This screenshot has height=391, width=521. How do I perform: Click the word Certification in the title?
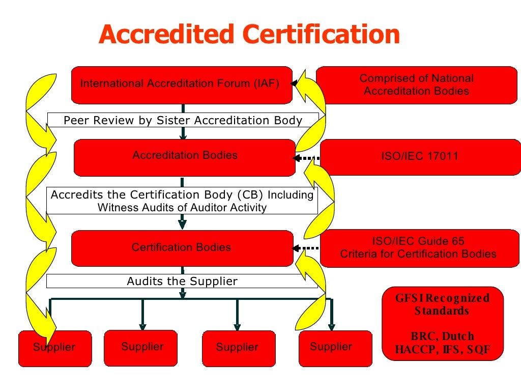[x=322, y=35]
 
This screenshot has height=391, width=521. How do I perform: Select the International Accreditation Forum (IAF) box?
[x=181, y=85]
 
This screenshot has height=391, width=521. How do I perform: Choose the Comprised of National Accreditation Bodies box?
[x=416, y=85]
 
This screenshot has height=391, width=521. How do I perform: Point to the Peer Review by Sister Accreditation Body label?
[x=183, y=120]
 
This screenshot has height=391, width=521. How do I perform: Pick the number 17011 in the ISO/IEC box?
[x=439, y=156]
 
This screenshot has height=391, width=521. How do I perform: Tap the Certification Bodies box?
[x=182, y=248]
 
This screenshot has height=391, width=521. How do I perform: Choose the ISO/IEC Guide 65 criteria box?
[x=418, y=247]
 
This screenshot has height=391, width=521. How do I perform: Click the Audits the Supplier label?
[x=182, y=281]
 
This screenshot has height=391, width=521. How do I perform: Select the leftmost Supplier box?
[x=55, y=348]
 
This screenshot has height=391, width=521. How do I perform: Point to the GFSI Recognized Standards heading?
[x=442, y=304]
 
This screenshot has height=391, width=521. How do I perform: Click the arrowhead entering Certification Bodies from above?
[x=182, y=224]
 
